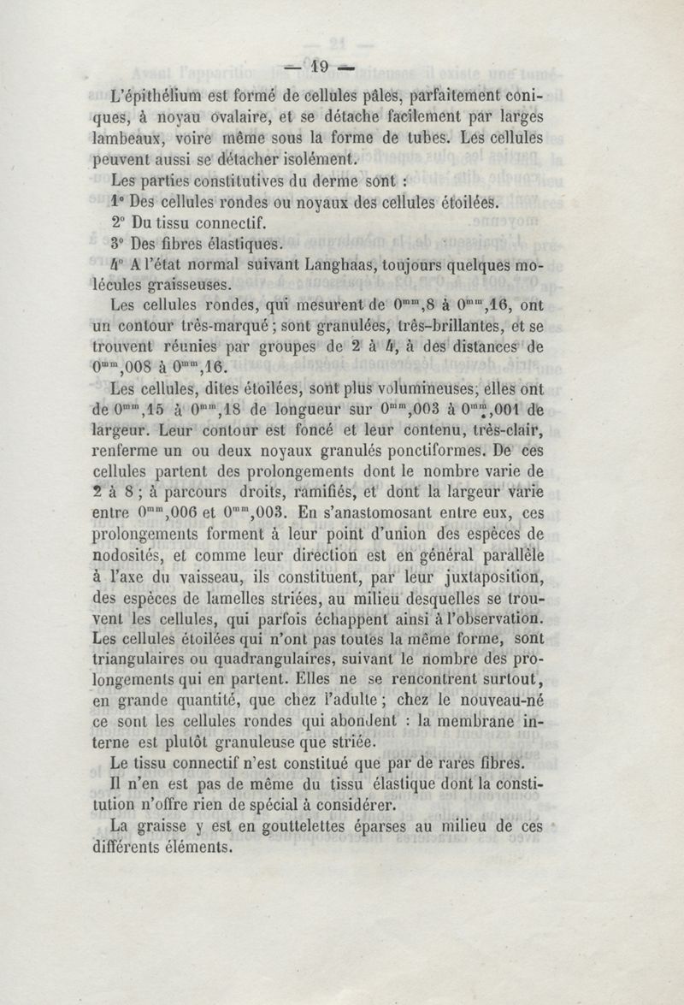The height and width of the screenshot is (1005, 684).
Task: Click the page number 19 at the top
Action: tap(321, 66)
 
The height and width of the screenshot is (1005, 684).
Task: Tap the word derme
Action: tap(326, 181)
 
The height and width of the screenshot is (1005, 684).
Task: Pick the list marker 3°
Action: tap(121, 245)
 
